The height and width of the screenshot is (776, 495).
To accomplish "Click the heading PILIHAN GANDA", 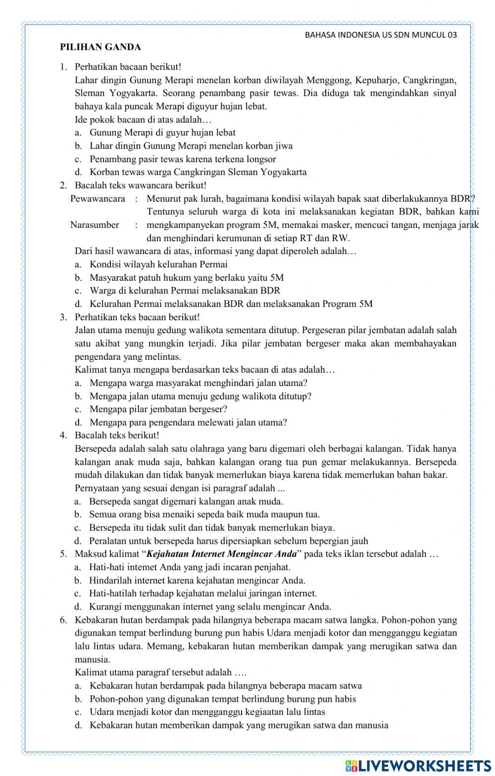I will pyautogui.click(x=100, y=47).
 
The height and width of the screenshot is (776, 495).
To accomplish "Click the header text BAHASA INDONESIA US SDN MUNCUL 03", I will pyautogui.click(x=380, y=35).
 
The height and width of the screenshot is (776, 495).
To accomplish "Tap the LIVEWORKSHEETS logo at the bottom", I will pyautogui.click(x=418, y=765).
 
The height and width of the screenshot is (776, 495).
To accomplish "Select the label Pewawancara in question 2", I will pyautogui.click(x=98, y=199).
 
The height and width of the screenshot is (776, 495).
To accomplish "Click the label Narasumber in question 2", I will pyautogui.click(x=95, y=225).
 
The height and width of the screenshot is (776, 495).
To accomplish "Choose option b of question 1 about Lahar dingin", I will pyautogui.click(x=191, y=146).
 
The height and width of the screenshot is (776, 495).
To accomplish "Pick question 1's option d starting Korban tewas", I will pyautogui.click(x=198, y=172).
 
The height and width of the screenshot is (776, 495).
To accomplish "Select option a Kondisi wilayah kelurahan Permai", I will pyautogui.click(x=158, y=264).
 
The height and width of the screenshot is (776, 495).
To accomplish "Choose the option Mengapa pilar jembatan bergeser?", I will pyautogui.click(x=158, y=409).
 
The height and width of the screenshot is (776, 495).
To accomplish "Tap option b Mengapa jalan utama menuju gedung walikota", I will pyautogui.click(x=200, y=396).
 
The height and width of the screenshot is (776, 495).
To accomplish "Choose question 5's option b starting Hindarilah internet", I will pyautogui.click(x=197, y=580).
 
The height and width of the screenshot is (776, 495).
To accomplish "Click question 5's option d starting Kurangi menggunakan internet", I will pyautogui.click(x=210, y=607).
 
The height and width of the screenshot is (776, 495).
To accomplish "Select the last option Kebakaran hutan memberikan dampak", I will pyautogui.click(x=239, y=726).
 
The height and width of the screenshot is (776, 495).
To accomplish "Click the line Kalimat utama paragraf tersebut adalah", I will pyautogui.click(x=160, y=673).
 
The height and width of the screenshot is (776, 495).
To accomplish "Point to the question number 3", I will pyautogui.click(x=63, y=317).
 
